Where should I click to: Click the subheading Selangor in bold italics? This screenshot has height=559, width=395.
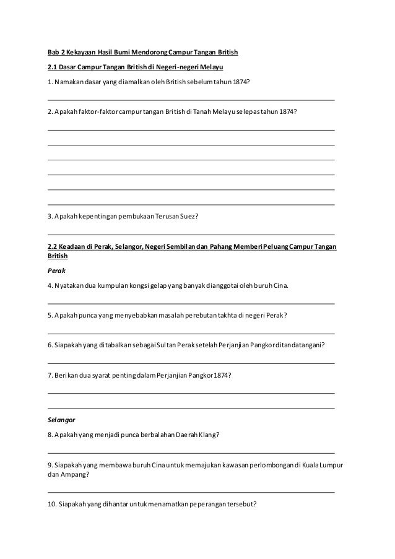pyautogui.click(x=61, y=419)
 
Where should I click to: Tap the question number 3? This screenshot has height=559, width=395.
pyautogui.click(x=50, y=217)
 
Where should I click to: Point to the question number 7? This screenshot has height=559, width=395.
pyautogui.click(x=50, y=375)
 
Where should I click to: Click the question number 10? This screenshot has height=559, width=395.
pyautogui.click(x=51, y=503)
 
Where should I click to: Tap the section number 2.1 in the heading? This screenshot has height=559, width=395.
pyautogui.click(x=53, y=66)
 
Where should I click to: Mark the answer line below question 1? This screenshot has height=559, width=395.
pyautogui.click(x=191, y=99)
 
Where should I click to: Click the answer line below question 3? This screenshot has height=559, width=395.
pyautogui.click(x=191, y=234)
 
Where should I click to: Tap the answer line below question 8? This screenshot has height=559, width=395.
pyautogui.click(x=191, y=453)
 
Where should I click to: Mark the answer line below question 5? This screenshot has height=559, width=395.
pyautogui.click(x=191, y=332)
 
